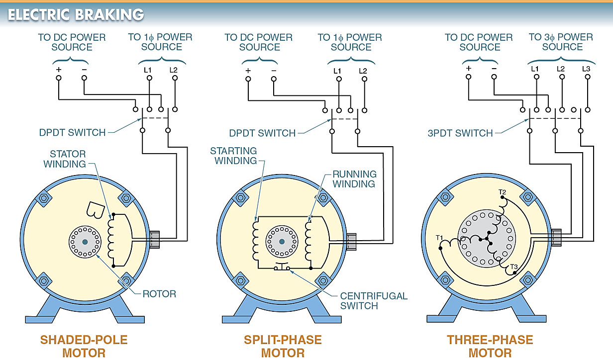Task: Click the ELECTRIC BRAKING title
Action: [x=76, y=14]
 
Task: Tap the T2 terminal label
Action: [x=502, y=191]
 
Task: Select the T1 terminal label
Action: [x=440, y=237]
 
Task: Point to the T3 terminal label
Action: [x=514, y=267]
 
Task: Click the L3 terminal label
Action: [x=586, y=69]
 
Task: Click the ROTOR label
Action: [x=159, y=294]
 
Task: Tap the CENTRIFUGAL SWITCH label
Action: [x=373, y=300]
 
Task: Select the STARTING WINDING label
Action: [x=233, y=155]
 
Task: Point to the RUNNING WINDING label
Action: [x=354, y=179]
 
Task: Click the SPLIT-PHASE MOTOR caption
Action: [x=282, y=347]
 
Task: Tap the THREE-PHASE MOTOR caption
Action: [x=490, y=347]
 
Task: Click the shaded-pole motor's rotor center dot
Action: [x=84, y=242]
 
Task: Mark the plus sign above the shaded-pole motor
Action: [x=58, y=69]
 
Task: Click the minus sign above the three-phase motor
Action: [x=494, y=69]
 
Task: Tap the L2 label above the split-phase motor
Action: [x=363, y=70]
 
